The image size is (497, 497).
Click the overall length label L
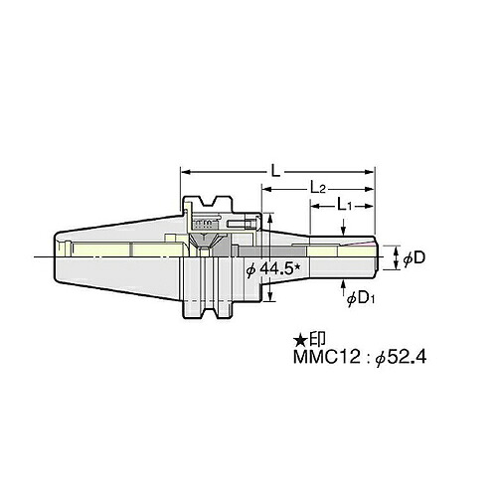pos(275,172)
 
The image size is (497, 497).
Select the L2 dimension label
pos(317,188)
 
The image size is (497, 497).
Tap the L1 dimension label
pos(344,205)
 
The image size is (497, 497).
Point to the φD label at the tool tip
pos(414,258)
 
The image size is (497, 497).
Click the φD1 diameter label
pos(361,299)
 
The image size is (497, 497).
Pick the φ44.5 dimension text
pos(273,269)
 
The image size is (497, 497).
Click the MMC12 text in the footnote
pos(326,358)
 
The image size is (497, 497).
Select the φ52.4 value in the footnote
pos(401,358)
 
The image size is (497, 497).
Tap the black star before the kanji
pos(300,339)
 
